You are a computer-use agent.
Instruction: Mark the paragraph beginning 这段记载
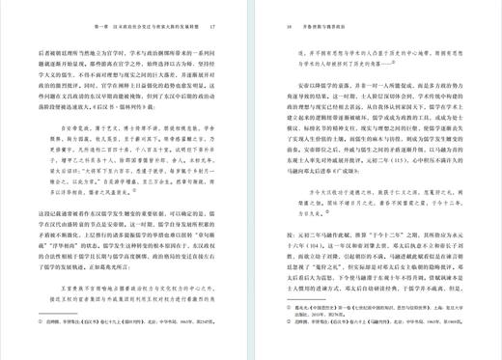tap(135, 246)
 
